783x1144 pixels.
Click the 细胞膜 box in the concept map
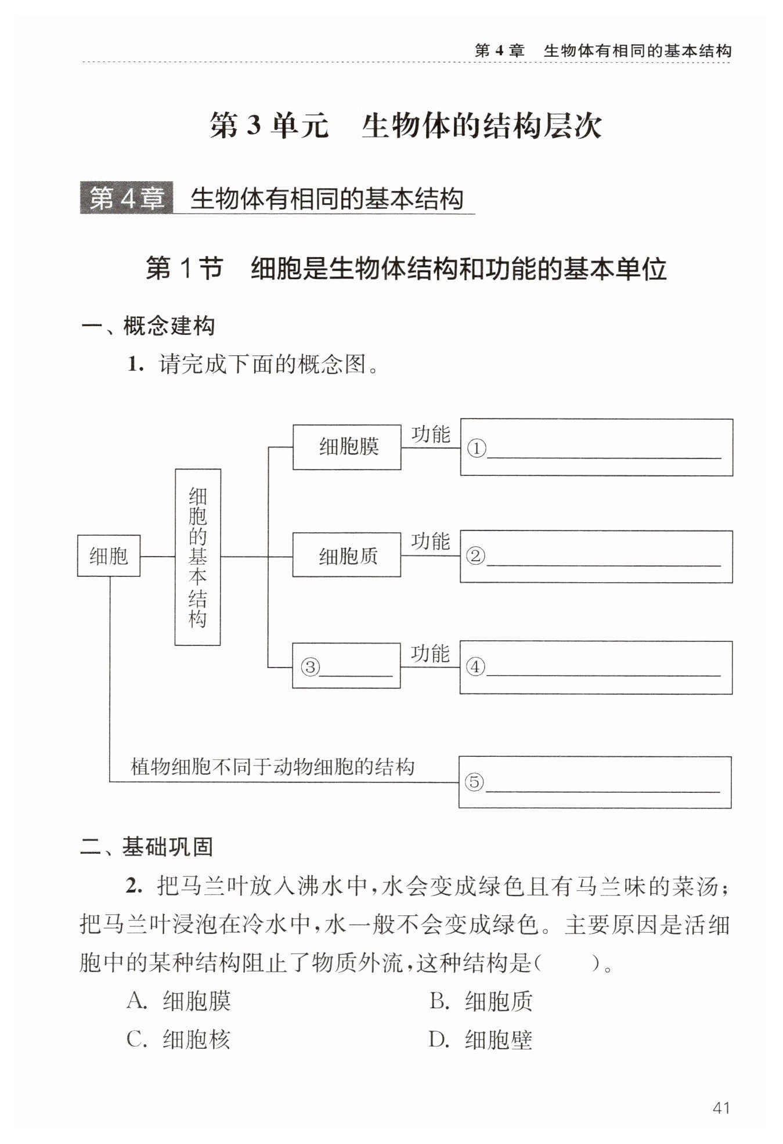(x=347, y=447)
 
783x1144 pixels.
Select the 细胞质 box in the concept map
(x=347, y=556)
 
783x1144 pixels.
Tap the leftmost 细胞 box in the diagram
(x=109, y=556)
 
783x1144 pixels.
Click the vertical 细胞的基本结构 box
(x=197, y=557)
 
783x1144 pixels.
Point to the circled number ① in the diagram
(x=476, y=449)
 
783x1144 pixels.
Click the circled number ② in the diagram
(x=475, y=557)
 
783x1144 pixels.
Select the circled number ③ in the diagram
(x=311, y=667)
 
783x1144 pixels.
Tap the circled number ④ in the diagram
(x=475, y=667)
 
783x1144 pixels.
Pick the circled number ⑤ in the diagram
(x=474, y=782)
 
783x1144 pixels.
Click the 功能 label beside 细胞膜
(x=431, y=434)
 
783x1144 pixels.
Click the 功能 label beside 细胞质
(x=431, y=541)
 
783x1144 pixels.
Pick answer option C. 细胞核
(x=179, y=1040)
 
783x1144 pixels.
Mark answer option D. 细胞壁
(x=481, y=1040)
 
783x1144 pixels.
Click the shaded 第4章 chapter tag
(x=127, y=199)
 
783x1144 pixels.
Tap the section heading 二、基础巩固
(x=147, y=847)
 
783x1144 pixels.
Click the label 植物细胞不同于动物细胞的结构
(x=273, y=766)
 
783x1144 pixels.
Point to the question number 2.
(x=133, y=887)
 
